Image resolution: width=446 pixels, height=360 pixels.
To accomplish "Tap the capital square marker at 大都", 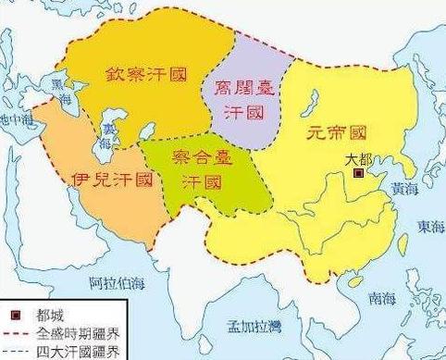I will (x=359, y=171).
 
